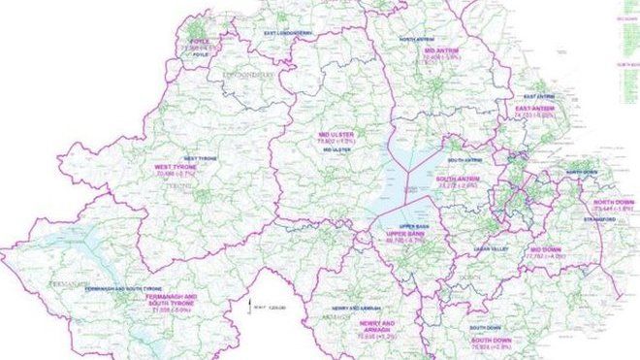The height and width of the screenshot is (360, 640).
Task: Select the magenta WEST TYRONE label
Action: tap(176, 168)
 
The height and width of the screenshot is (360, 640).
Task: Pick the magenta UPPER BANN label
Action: tap(407, 235)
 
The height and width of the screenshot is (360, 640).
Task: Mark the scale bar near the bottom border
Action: tap(254, 304)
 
